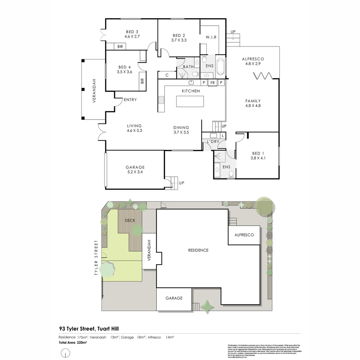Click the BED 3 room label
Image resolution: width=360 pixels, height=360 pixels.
tap(132, 32)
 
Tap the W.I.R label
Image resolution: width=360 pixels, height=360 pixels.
tap(211, 37)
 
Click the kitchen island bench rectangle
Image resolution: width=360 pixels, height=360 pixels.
tap(190, 101)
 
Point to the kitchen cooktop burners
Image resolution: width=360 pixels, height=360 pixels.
tap(161, 100)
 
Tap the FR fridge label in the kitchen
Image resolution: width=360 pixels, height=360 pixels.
tap(212, 82)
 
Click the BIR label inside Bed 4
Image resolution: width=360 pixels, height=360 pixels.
tap(142, 81)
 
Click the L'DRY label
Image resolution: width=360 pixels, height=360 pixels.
tap(213, 142)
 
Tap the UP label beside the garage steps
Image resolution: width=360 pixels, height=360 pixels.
tap(182, 183)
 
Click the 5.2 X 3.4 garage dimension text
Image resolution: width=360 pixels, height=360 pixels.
tap(135, 172)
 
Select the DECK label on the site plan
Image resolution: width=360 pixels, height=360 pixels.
tap(130, 220)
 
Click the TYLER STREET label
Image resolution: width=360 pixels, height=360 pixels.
tap(96, 257)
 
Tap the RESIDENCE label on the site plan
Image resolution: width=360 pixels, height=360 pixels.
tap(198, 250)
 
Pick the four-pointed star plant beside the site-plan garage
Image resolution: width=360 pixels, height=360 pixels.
tap(207, 307)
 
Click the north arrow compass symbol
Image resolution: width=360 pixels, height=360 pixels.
tap(66, 352)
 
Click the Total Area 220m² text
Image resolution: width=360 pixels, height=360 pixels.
tap(73, 342)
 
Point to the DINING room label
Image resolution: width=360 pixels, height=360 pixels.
tap(181, 127)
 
